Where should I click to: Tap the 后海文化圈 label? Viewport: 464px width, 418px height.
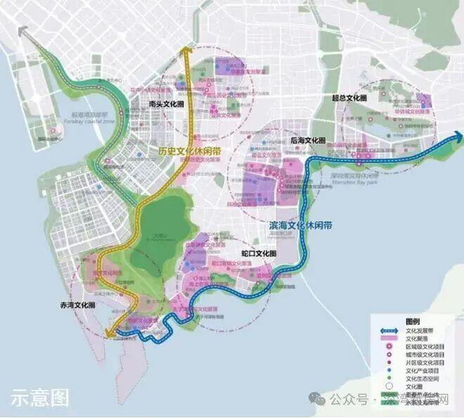click(307, 141)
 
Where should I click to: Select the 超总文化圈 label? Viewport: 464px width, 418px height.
click(349, 98)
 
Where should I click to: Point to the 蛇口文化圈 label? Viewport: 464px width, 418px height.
click(259, 253)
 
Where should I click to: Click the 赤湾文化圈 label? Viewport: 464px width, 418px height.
click(78, 306)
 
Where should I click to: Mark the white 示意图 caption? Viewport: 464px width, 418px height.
click(40, 398)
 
